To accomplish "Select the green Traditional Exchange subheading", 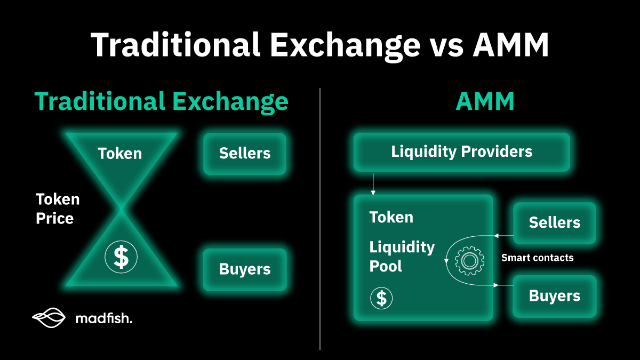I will (x=161, y=101).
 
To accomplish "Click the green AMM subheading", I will (x=485, y=101).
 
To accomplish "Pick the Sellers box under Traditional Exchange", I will (x=245, y=154).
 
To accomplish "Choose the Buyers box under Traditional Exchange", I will (x=245, y=269).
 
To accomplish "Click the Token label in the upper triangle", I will (x=120, y=154).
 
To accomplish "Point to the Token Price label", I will (x=58, y=209).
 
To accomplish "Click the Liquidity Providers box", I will (x=461, y=151).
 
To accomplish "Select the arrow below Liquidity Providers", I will (x=373, y=183).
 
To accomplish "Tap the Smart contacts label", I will (x=537, y=258).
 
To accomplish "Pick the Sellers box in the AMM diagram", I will (x=554, y=223).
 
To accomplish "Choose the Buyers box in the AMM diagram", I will (x=554, y=296).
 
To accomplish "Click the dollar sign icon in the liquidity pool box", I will (x=381, y=298).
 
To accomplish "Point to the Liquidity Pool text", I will (x=402, y=257).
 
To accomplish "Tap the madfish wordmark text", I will (x=103, y=319).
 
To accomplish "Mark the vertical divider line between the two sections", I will (x=320, y=219).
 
